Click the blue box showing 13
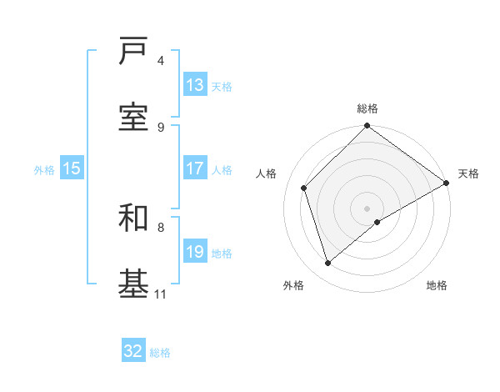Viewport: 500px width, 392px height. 195,85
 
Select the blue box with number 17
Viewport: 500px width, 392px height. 195,168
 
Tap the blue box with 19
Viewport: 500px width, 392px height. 195,252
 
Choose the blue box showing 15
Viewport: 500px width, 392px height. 72,168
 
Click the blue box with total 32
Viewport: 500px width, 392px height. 133,351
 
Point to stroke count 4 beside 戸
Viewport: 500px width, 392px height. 161,60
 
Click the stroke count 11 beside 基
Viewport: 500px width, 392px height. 161,294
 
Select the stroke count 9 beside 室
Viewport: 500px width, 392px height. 161,127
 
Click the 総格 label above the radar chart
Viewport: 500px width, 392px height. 367,108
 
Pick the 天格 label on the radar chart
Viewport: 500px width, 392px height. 468,173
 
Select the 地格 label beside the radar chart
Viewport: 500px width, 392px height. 437,285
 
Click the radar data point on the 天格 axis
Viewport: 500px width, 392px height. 446,183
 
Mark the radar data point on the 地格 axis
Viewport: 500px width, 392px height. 377,222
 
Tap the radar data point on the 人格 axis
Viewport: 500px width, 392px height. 304,188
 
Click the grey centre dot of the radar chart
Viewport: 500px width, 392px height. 367,208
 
